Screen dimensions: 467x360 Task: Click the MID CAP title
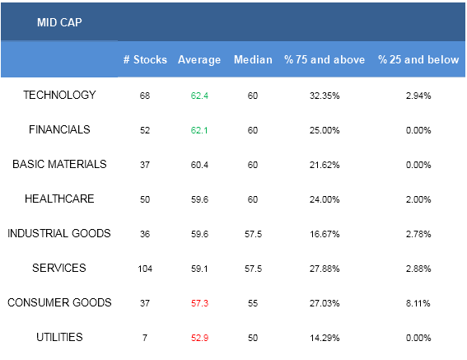click(x=59, y=22)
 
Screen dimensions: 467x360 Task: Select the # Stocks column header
click(x=145, y=59)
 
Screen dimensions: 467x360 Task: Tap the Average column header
click(x=199, y=60)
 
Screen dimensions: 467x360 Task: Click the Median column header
click(x=253, y=59)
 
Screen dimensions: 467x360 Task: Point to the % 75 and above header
click(x=325, y=59)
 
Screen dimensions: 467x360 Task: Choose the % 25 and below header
click(x=418, y=59)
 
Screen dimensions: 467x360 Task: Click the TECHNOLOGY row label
click(x=59, y=95)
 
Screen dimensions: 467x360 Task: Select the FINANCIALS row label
click(x=59, y=129)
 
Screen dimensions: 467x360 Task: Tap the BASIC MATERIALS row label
click(x=59, y=164)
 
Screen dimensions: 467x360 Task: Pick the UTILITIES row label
click(x=59, y=337)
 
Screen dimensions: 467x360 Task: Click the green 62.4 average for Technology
click(x=199, y=96)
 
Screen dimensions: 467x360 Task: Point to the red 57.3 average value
click(x=199, y=303)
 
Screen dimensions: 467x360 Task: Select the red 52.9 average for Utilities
click(x=199, y=338)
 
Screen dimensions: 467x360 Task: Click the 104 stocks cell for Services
click(x=145, y=269)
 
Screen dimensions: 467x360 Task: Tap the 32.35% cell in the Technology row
click(x=325, y=96)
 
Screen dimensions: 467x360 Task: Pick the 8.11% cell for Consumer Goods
click(x=418, y=303)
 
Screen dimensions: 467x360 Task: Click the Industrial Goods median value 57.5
click(x=253, y=234)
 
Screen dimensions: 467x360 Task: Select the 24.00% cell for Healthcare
click(x=325, y=199)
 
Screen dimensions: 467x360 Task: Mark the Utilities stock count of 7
click(x=145, y=338)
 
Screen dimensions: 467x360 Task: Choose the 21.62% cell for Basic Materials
click(x=325, y=165)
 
